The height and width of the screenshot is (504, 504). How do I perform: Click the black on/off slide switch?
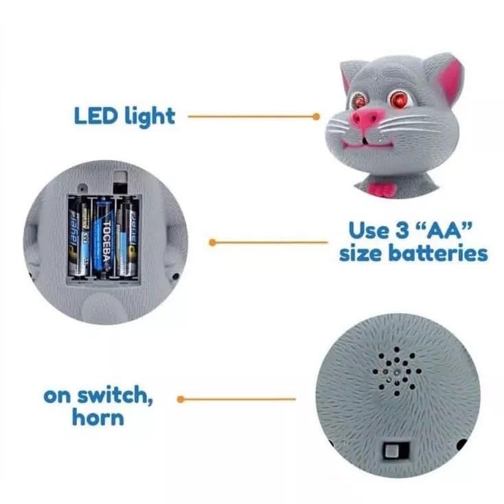point(396,451)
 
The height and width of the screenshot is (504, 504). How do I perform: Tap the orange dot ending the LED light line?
point(316,117)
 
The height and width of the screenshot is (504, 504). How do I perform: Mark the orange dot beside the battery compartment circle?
point(212,242)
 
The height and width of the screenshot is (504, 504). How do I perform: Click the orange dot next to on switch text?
point(181,398)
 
